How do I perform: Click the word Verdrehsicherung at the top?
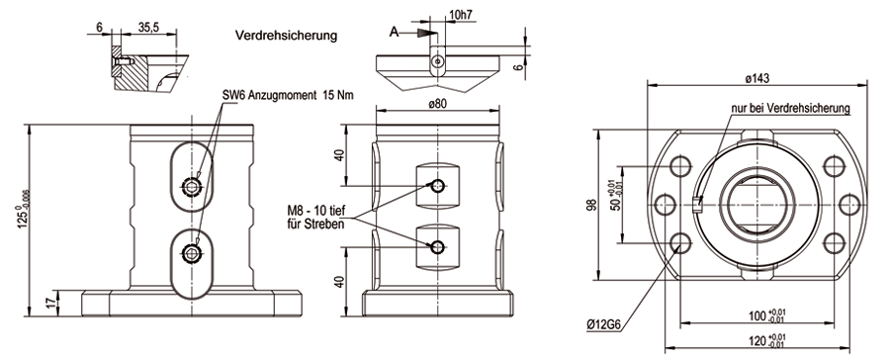[x=286, y=36]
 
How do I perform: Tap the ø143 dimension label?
[x=757, y=79]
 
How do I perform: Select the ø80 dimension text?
[x=438, y=103]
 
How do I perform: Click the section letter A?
[x=394, y=33]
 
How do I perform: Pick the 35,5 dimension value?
[x=147, y=28]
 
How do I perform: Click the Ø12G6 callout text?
[x=604, y=325]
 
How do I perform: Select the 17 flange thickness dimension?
[x=50, y=303]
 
